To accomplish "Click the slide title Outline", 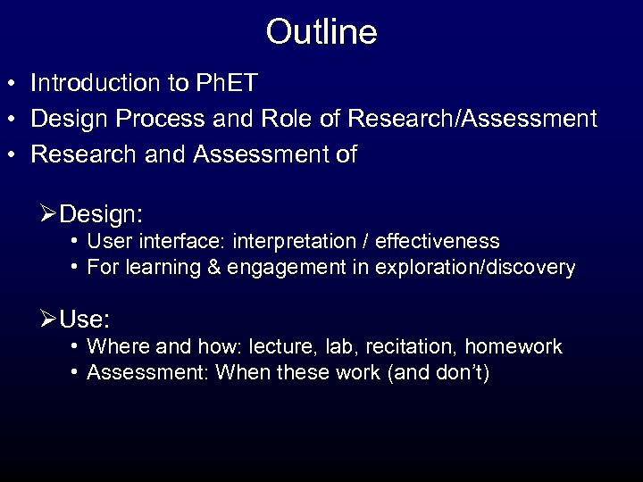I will [321, 32].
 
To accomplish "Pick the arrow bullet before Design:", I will [51, 215].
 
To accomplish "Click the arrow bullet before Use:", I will [51, 319].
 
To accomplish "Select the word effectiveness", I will [447, 242].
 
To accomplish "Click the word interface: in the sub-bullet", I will [192, 242].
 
